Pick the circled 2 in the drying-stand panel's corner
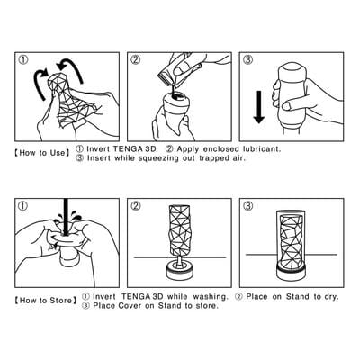[136, 206]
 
